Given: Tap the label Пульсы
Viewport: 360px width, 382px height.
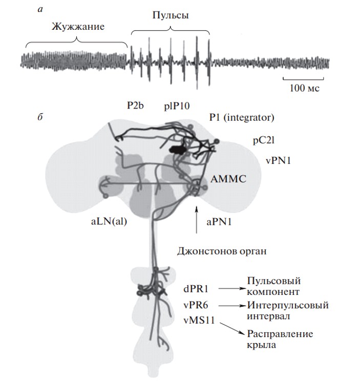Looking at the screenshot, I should [171, 16].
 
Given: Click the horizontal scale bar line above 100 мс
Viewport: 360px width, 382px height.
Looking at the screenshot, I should [303, 78].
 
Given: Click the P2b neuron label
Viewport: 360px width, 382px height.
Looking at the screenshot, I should [136, 106].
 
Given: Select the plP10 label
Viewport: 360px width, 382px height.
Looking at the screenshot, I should [177, 106].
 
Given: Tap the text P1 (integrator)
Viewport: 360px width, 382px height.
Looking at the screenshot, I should [242, 118].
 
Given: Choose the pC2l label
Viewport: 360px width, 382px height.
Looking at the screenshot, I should [265, 140].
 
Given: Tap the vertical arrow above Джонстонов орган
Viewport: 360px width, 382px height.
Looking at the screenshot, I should [196, 220].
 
